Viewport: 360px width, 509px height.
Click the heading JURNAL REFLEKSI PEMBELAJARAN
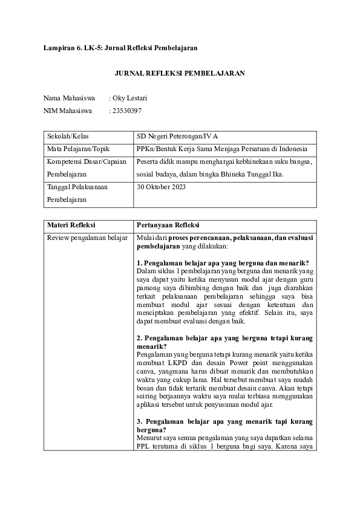point(180,73)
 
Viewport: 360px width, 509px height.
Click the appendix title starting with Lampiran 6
point(120,47)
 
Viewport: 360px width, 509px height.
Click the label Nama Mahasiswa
point(69,97)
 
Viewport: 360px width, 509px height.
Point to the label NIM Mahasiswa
point(67,111)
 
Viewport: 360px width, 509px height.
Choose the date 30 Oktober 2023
point(162,187)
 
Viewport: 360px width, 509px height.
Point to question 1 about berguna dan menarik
point(223,262)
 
